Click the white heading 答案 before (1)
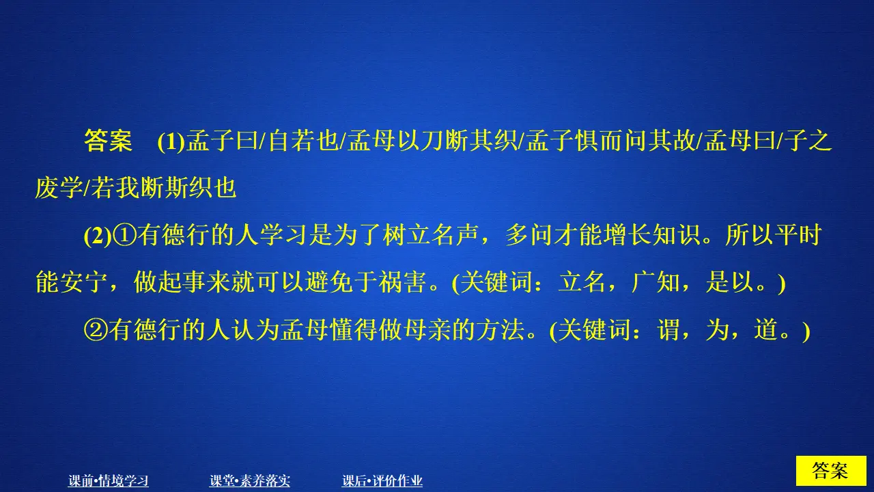(107, 141)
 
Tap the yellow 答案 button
(830, 471)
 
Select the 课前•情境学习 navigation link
(109, 481)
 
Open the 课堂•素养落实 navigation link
(250, 481)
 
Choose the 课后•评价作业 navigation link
(382, 481)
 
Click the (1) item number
(170, 142)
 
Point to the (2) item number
(96, 236)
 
